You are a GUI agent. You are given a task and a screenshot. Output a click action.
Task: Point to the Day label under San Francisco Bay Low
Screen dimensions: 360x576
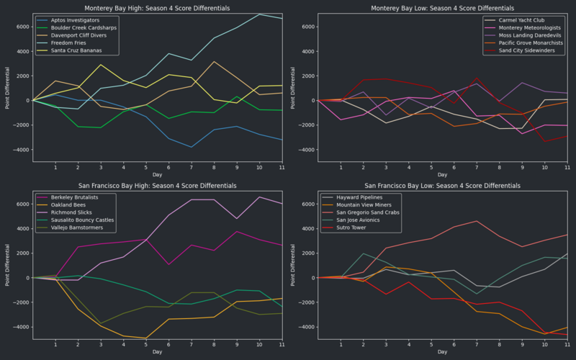click(441, 352)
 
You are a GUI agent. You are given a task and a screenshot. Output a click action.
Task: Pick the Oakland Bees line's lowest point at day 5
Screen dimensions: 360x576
click(146, 338)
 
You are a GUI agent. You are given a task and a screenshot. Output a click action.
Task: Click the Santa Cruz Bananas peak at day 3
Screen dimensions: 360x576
click(101, 65)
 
